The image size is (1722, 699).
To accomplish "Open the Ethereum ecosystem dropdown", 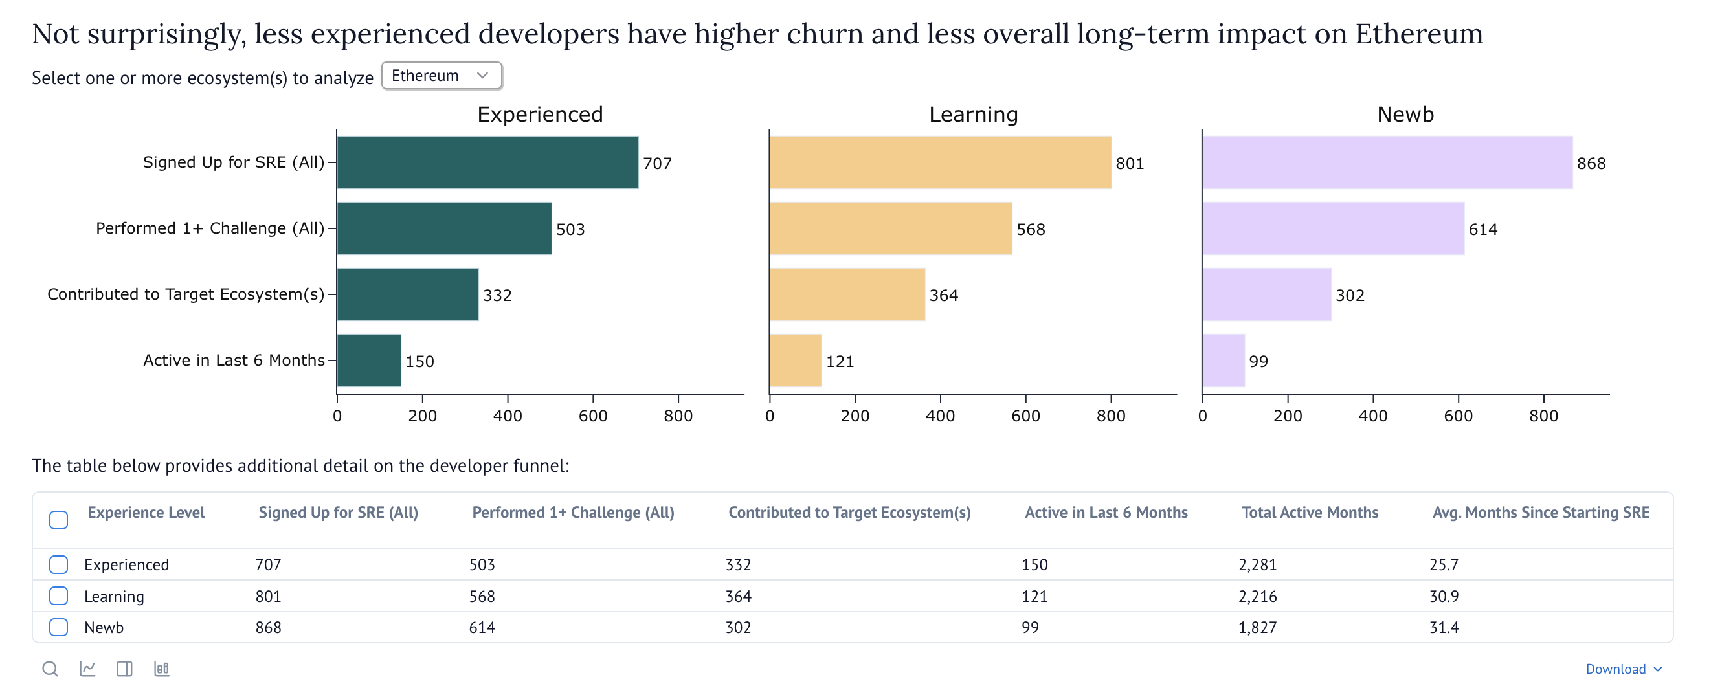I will pos(442,76).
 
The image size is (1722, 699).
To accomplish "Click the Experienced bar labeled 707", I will pos(487,162).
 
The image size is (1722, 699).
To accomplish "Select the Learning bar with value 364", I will pos(847,294).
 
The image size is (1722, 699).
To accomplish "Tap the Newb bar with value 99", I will pos(1224,361).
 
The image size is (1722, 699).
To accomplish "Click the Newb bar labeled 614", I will pos(1333,228).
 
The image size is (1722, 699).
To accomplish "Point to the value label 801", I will pos(1130,164).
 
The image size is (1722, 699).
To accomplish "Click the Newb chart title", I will pos(1405,115).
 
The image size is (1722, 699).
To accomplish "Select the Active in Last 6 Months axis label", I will pos(233,361).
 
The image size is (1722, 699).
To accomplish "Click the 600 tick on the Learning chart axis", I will pos(1025,416).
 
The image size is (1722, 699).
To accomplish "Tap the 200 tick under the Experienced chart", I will pos(423,416).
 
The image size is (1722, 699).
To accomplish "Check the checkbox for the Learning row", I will pos(59,595).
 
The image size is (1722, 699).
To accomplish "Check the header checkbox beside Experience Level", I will pos(59,519).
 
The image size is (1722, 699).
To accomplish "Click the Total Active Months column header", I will pos(1310,513).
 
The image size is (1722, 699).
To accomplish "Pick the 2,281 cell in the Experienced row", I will pos(1257,564).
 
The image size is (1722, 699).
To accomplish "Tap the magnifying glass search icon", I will pos(50,669).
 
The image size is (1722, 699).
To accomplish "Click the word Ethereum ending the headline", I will pos(1418,34).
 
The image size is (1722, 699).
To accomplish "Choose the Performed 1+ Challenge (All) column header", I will pos(573,513).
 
